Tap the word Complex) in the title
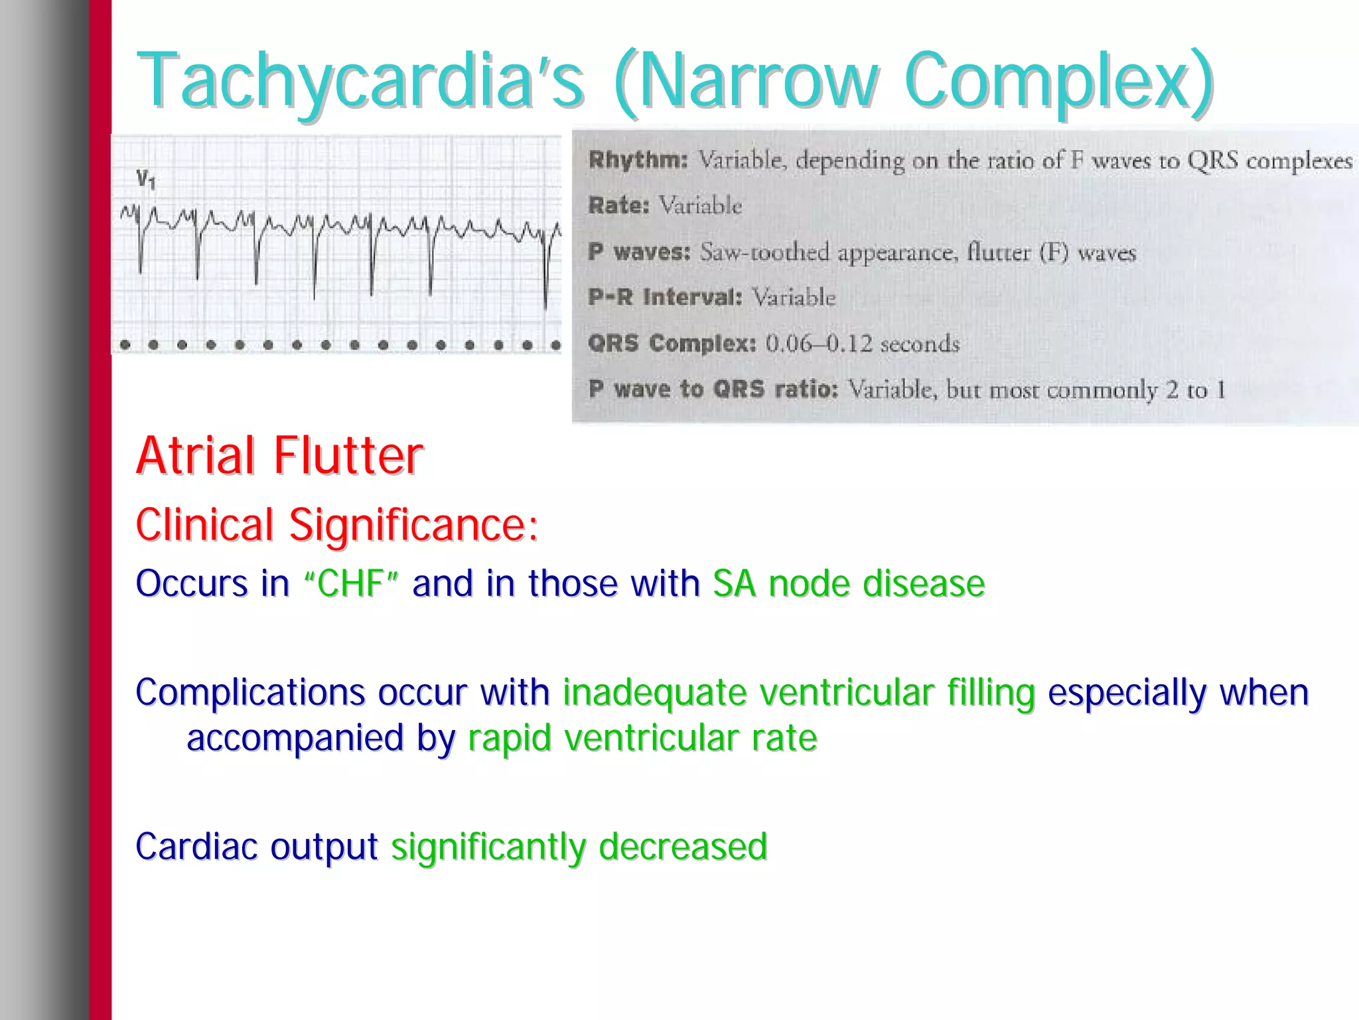(1058, 81)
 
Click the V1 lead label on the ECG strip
(145, 179)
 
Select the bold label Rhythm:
(638, 160)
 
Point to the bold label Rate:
(618, 206)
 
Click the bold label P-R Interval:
(665, 297)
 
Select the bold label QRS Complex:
(672, 343)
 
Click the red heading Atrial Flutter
(279, 456)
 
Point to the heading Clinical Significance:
(336, 525)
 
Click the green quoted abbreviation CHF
(351, 584)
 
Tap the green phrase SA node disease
(849, 584)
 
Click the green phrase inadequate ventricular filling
(799, 693)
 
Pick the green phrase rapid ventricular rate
(642, 738)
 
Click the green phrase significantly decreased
(579, 847)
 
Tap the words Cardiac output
(256, 847)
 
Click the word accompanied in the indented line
(295, 738)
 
